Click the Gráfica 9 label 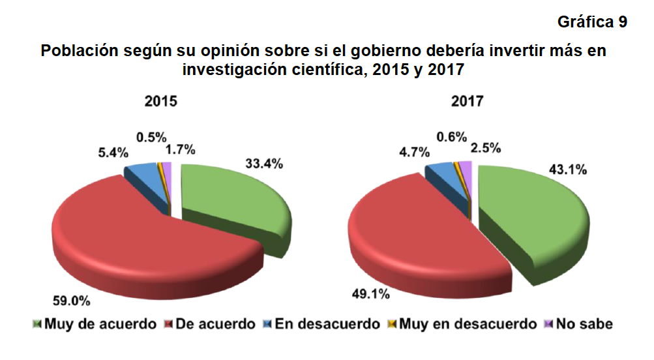tap(592, 22)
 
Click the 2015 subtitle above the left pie tap(161, 102)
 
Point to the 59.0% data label tap(71, 301)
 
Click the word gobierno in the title tap(373, 51)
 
